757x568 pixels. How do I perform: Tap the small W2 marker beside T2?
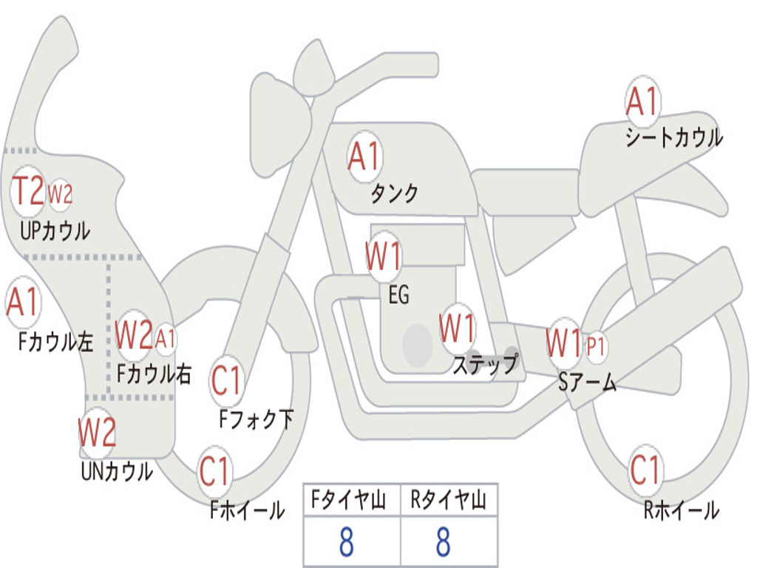(x=61, y=195)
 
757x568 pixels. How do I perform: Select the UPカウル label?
(x=55, y=231)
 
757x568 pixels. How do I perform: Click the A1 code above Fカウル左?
(x=22, y=302)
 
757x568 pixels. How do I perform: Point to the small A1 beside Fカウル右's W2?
(x=165, y=338)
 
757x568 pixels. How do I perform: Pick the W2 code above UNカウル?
(x=97, y=432)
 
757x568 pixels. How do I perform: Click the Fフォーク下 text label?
(x=256, y=419)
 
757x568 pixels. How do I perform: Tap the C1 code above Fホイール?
(x=214, y=471)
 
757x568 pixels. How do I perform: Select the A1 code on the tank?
(x=364, y=157)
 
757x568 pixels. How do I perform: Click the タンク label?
(x=394, y=193)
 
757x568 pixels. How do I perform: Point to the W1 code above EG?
(x=383, y=256)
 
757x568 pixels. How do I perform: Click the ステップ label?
(x=485, y=364)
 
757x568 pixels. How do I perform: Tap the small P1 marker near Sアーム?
(x=595, y=346)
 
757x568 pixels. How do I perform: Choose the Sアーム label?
(x=587, y=382)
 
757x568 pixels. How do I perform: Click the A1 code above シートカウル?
(x=642, y=101)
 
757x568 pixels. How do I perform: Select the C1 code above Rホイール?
(x=645, y=470)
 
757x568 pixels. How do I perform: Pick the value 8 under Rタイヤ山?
(x=444, y=541)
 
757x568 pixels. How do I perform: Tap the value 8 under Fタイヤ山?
(x=346, y=541)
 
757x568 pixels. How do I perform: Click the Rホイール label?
(x=681, y=510)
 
